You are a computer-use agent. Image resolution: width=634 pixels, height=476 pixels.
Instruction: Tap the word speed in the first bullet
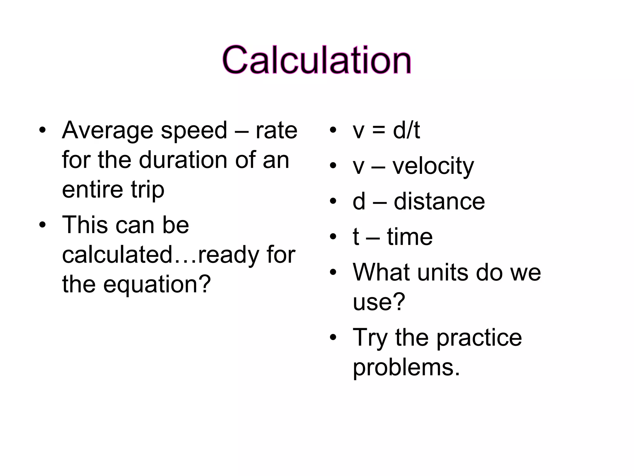194,130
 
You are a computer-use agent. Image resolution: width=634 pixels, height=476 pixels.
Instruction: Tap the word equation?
157,284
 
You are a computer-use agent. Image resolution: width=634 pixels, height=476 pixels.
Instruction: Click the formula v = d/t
386,130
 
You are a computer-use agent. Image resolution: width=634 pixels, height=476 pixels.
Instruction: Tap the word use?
379,302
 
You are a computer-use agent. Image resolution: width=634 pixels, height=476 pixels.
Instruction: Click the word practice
479,338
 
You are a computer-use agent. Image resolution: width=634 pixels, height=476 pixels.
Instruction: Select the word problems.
406,368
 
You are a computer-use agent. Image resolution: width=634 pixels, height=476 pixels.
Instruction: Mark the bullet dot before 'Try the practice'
333,337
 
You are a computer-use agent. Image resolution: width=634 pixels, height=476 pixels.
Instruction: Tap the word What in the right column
381,273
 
